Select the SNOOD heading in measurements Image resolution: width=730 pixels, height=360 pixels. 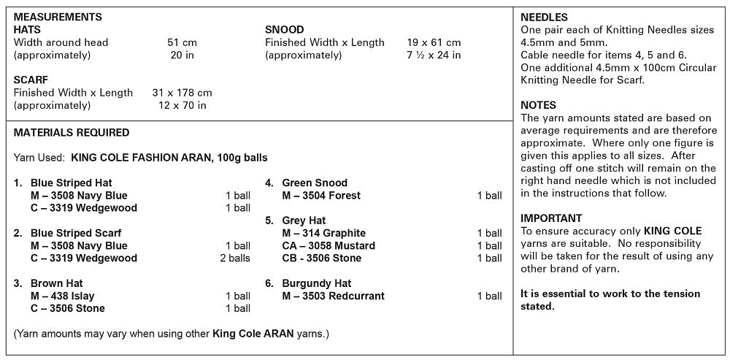pyautogui.click(x=284, y=30)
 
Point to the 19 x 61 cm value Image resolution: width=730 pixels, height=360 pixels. pyautogui.click(x=434, y=42)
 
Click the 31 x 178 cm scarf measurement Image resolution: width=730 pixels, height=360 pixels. pyautogui.click(x=182, y=93)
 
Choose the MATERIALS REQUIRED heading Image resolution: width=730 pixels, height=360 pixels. pyautogui.click(x=72, y=133)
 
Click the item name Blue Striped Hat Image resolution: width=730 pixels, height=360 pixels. pyautogui.click(x=71, y=183)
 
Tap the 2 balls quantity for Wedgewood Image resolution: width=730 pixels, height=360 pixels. pyautogui.click(x=235, y=258)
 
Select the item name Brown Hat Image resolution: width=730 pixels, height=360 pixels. pyautogui.click(x=57, y=283)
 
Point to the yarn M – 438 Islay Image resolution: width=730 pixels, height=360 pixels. pyautogui.click(x=63, y=296)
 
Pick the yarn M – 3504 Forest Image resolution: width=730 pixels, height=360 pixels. pyautogui.click(x=321, y=195)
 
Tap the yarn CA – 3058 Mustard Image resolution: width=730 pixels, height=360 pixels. pyautogui.click(x=328, y=245)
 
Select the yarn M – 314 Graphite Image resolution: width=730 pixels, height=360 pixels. pyautogui.click(x=324, y=233)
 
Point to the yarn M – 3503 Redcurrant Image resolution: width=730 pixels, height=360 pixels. pyautogui.click(x=333, y=296)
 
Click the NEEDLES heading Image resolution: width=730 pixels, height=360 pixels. pyautogui.click(x=544, y=18)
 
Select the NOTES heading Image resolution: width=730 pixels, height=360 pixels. pyautogui.click(x=538, y=105)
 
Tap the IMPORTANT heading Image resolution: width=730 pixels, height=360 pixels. pyautogui.click(x=551, y=218)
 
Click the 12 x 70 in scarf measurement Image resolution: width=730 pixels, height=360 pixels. pyautogui.click(x=182, y=105)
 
